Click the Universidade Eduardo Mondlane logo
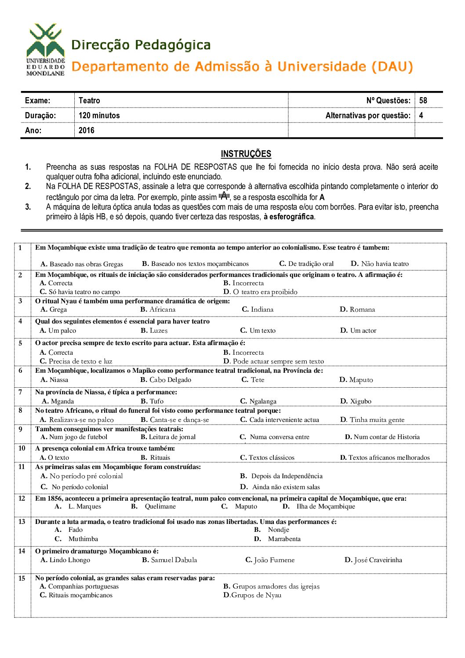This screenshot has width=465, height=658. tap(45, 50)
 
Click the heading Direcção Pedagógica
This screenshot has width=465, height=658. tap(141, 45)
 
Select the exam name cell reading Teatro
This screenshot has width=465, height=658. tap(89, 101)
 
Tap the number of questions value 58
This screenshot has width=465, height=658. tap(423, 101)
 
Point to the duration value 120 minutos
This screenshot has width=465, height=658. tap(99, 116)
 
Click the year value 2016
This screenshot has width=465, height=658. tap(86, 131)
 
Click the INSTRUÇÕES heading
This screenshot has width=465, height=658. tap(246, 154)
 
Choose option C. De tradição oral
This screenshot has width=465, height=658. tap(306, 264)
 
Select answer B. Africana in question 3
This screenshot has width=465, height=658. tap(158, 309)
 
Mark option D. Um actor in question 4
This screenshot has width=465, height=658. tap(358, 331)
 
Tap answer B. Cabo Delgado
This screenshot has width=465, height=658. tap(166, 380)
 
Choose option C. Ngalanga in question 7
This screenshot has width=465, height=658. tap(258, 401)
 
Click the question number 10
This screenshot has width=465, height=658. tap(22, 448)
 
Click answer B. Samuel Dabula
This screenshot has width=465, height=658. tap(169, 560)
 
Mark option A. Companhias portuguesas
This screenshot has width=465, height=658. tap(79, 586)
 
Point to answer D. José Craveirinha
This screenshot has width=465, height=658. tap(373, 560)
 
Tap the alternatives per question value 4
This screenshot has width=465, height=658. tap(421, 116)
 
